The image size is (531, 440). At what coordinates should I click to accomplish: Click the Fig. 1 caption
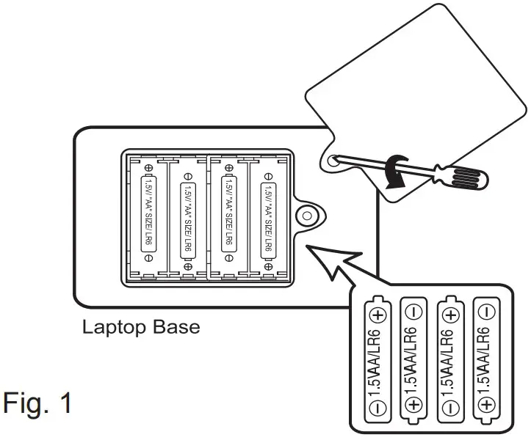[x=38, y=403]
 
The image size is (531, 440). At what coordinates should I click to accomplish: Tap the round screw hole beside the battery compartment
[x=306, y=213]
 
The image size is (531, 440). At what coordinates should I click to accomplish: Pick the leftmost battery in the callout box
[x=377, y=362]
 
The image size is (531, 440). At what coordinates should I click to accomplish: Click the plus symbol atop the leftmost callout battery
[x=378, y=315]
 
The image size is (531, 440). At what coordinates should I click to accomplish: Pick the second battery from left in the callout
[x=413, y=362]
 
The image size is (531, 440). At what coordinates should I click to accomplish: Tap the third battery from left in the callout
[x=450, y=362]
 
